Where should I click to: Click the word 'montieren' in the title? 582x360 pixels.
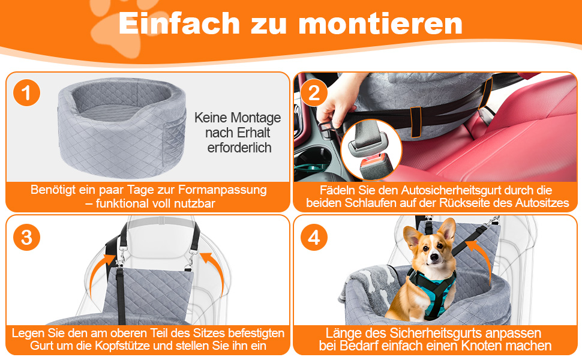pyautogui.click(x=380, y=24)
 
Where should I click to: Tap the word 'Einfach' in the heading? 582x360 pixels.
pyautogui.click(x=179, y=23)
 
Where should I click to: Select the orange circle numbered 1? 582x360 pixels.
pyautogui.click(x=26, y=93)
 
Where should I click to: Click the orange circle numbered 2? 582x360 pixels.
pyautogui.click(x=314, y=93)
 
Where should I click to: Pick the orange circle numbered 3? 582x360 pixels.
pyautogui.click(x=26, y=237)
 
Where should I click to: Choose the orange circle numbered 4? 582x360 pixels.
pyautogui.click(x=314, y=237)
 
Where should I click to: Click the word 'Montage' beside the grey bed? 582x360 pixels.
pyautogui.click(x=256, y=118)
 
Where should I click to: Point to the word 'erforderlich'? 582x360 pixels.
pyautogui.click(x=239, y=148)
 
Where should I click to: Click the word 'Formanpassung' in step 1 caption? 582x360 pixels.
pyautogui.click(x=223, y=190)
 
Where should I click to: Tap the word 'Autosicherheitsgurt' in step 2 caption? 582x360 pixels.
pyautogui.click(x=439, y=190)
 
